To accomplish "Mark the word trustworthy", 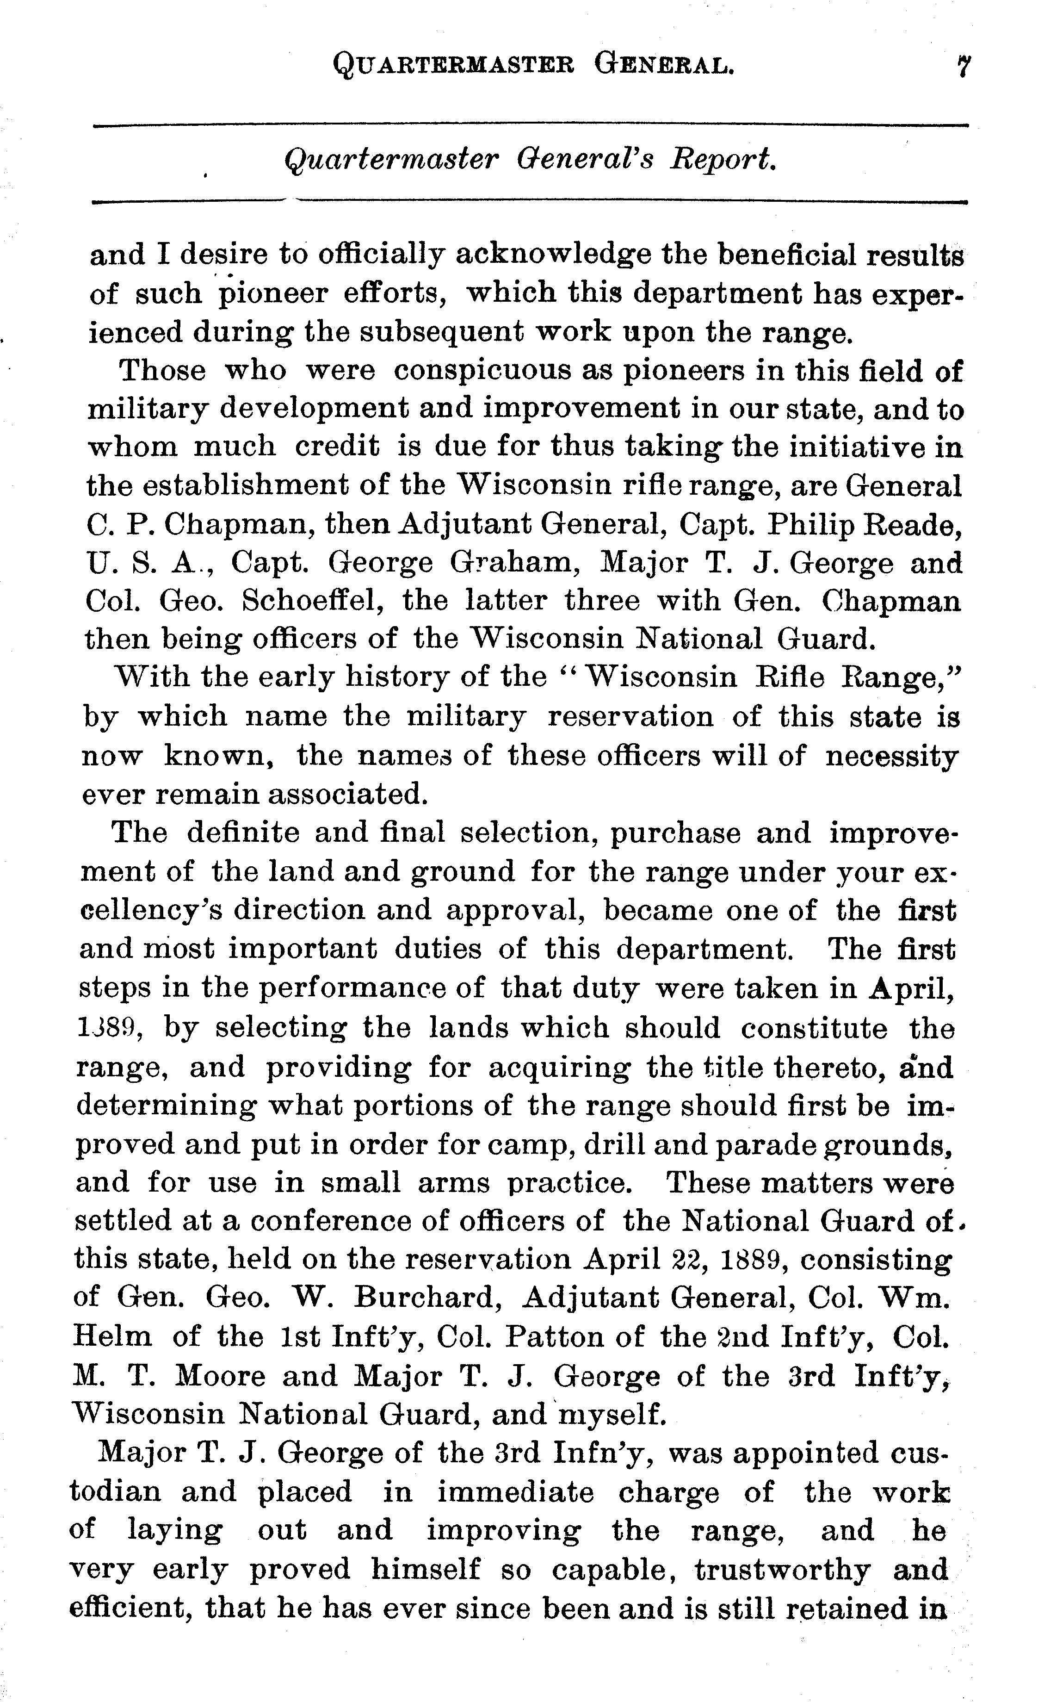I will [x=782, y=1569].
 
